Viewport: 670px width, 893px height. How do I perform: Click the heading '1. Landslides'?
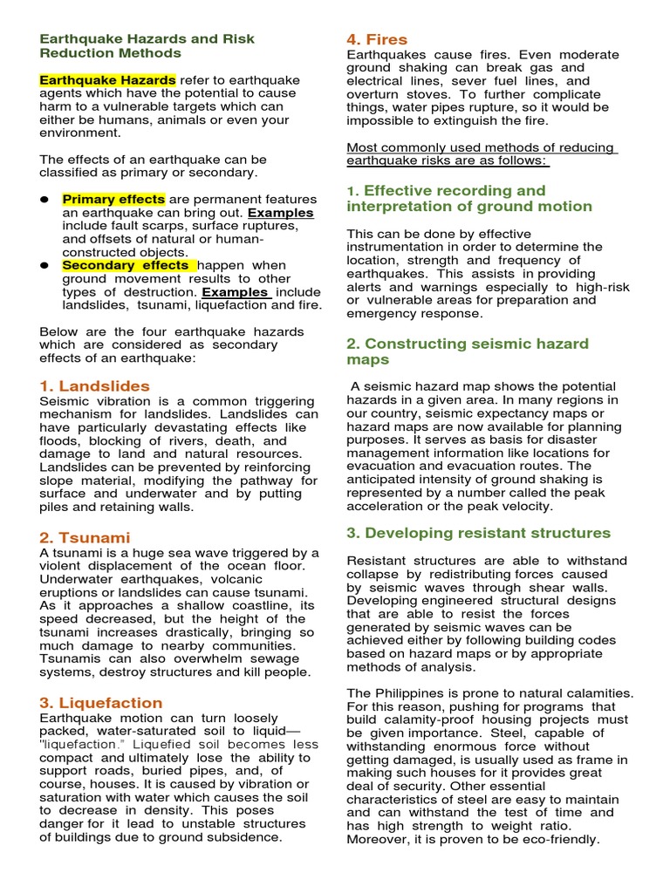pos(94,385)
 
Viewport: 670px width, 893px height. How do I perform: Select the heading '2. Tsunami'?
pos(85,537)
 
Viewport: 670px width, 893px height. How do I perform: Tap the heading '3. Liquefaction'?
pos(100,702)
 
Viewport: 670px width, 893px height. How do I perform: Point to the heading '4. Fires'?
pos(377,39)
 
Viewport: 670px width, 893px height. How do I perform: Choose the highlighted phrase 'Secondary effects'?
pos(127,265)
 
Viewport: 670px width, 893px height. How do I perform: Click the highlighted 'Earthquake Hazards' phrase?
pos(107,79)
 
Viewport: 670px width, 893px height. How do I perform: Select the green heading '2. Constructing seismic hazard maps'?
pos(467,351)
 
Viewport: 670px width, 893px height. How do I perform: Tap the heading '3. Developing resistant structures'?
pos(478,533)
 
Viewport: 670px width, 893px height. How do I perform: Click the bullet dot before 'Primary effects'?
pos(44,199)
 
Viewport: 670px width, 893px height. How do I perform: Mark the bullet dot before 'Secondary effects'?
pos(44,265)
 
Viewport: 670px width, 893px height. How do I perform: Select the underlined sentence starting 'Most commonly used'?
pos(481,153)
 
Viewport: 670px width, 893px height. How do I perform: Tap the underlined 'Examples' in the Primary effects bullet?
pos(280,213)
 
